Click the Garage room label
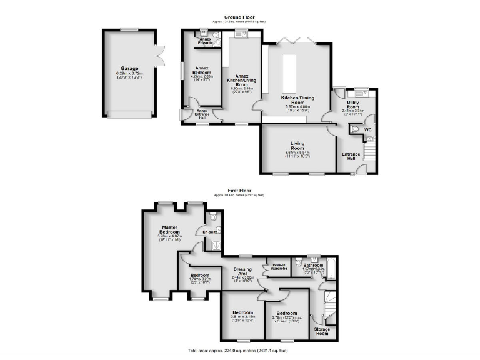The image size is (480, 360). coord(129,68)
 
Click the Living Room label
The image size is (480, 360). coord(297,146)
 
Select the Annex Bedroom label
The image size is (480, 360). coord(201,69)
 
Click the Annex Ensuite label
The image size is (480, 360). coord(205,41)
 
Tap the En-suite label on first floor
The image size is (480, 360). coord(209,232)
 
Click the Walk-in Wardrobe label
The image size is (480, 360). coord(279,266)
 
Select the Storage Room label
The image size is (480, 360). coord(322,331)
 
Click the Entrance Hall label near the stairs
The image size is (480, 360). coord(351,156)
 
